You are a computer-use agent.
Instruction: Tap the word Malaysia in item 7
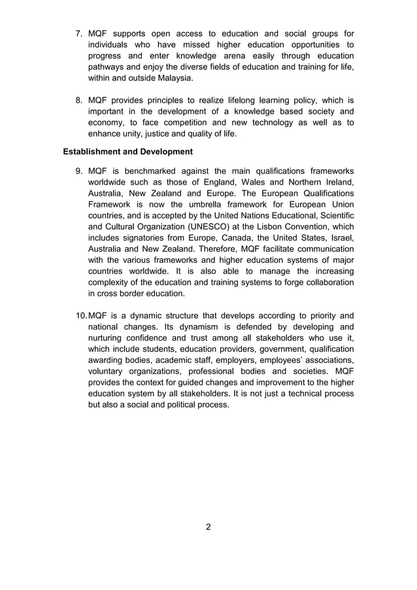point(173,78)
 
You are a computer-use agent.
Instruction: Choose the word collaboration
point(325,282)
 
